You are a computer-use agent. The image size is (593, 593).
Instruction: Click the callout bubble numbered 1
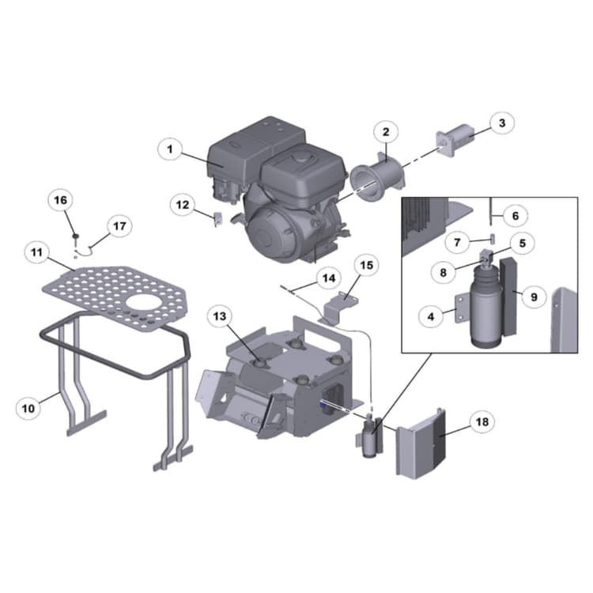coord(169,148)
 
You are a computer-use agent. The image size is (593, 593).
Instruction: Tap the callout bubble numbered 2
coord(385,132)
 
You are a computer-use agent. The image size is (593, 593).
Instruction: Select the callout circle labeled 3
coord(500,123)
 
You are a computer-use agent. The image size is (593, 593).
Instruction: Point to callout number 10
coord(28,408)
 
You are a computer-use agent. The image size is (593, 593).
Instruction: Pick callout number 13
coord(221,316)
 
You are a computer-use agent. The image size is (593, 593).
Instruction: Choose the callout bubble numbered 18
coord(480,422)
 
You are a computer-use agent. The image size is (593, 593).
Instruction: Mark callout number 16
coord(60,201)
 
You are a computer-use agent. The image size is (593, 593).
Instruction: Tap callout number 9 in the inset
coord(533,296)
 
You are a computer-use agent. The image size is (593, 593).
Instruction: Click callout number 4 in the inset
coord(431,317)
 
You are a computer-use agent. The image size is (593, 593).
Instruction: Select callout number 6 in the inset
coord(514,215)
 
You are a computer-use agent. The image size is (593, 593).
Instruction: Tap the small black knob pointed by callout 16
coord(74,236)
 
